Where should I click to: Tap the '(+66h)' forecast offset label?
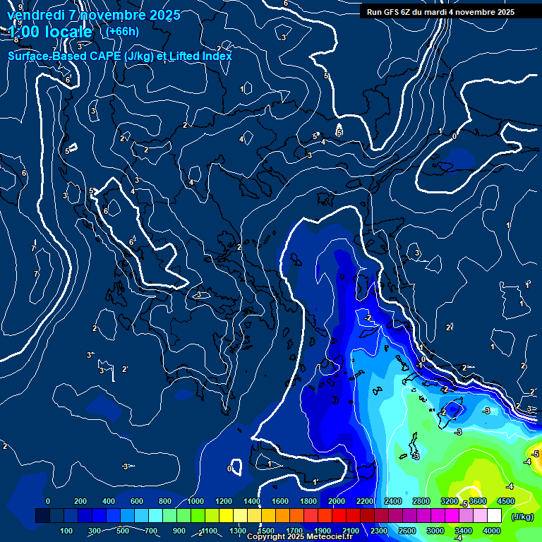click(x=122, y=31)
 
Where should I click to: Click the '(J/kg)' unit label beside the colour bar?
click(x=523, y=517)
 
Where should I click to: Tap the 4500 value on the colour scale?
click(x=505, y=501)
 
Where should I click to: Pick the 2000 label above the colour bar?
click(x=337, y=501)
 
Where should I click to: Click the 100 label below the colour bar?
click(x=67, y=531)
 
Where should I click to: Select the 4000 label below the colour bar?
click(x=492, y=531)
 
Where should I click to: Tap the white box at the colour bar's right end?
click(x=494, y=516)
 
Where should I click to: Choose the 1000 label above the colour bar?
click(x=195, y=501)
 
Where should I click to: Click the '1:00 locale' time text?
click(x=50, y=32)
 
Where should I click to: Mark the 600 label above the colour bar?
click(x=137, y=501)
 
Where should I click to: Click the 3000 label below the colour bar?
click(x=435, y=531)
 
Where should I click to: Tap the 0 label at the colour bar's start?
click(x=48, y=501)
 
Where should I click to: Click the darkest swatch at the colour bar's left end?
click(x=42, y=516)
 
